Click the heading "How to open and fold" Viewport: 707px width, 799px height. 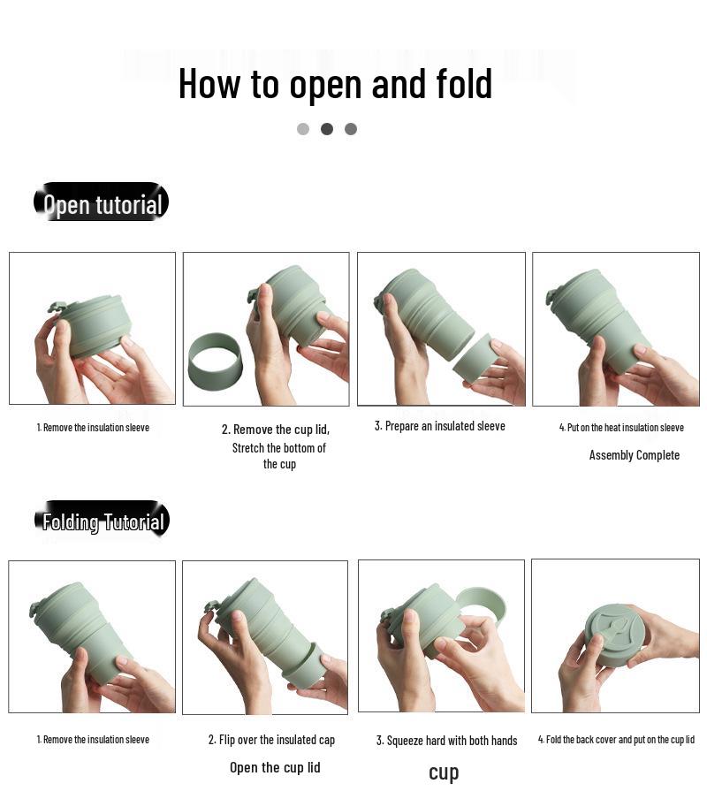point(335,84)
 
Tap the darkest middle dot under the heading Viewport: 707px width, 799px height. point(327,129)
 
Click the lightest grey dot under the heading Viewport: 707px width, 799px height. point(303,129)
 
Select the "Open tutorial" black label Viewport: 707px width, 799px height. point(101,202)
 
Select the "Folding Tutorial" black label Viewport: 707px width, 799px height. point(102,519)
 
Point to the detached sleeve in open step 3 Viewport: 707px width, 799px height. point(474,358)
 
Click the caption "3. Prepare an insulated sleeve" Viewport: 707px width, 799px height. point(440,426)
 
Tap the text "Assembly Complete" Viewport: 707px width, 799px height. point(635,455)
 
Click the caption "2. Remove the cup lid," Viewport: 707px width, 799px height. point(276,430)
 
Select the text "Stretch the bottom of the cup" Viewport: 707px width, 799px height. point(279,456)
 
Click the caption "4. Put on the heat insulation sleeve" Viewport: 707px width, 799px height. point(621,428)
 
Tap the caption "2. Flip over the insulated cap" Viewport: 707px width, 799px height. point(271,740)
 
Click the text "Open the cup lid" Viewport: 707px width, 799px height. point(275,767)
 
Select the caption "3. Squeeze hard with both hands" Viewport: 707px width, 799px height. point(446,741)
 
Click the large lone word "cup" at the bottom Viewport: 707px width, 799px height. point(444,773)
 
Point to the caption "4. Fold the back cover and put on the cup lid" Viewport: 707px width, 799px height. point(616,740)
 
